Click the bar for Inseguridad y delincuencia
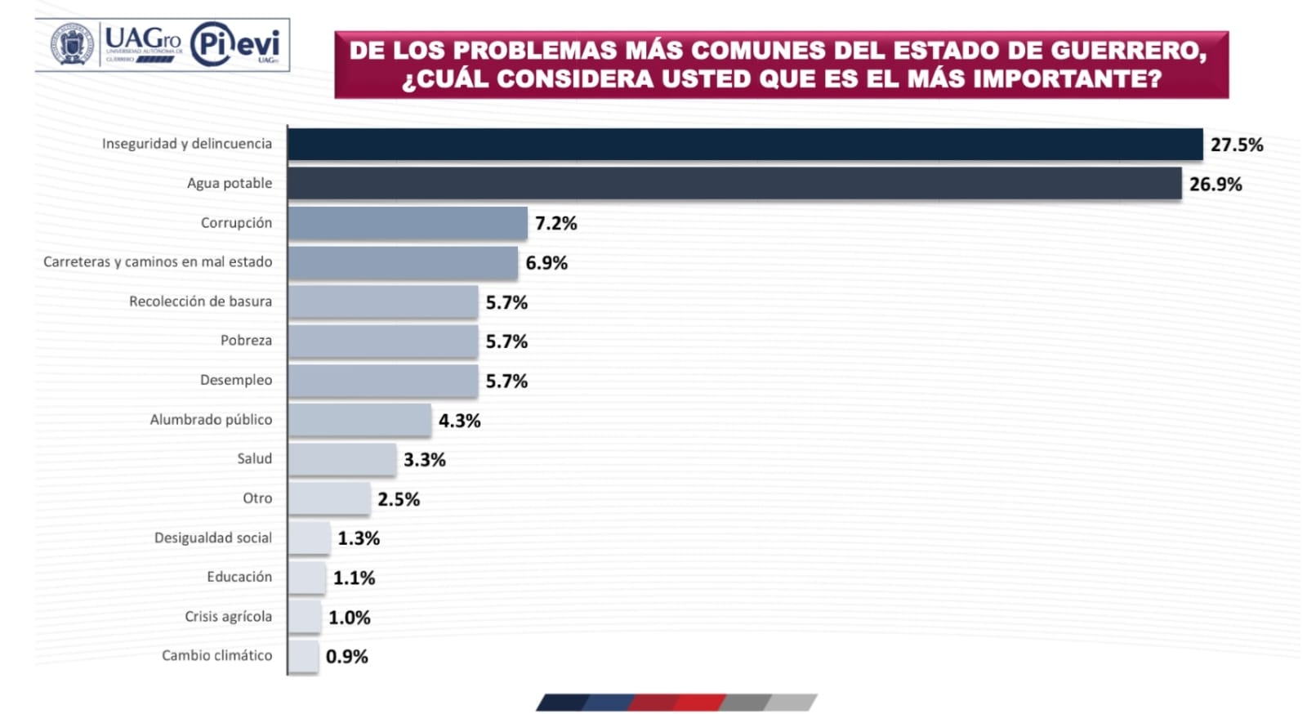[x=744, y=145]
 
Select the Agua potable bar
[x=734, y=184]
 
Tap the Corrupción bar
[x=407, y=223]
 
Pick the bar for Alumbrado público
[x=359, y=420]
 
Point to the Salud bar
[x=341, y=459]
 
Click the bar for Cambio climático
[x=303, y=656]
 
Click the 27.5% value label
[x=1236, y=145]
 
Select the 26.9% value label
[x=1215, y=185]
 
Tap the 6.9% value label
[x=546, y=263]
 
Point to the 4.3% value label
[x=459, y=421]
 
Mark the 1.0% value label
[x=349, y=618]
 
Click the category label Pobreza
[x=246, y=341]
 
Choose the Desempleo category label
[x=236, y=380]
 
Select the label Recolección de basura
[x=200, y=301]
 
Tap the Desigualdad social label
[x=213, y=538]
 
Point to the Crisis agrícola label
[x=228, y=616]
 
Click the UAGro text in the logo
[x=143, y=38]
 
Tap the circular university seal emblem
[x=72, y=44]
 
